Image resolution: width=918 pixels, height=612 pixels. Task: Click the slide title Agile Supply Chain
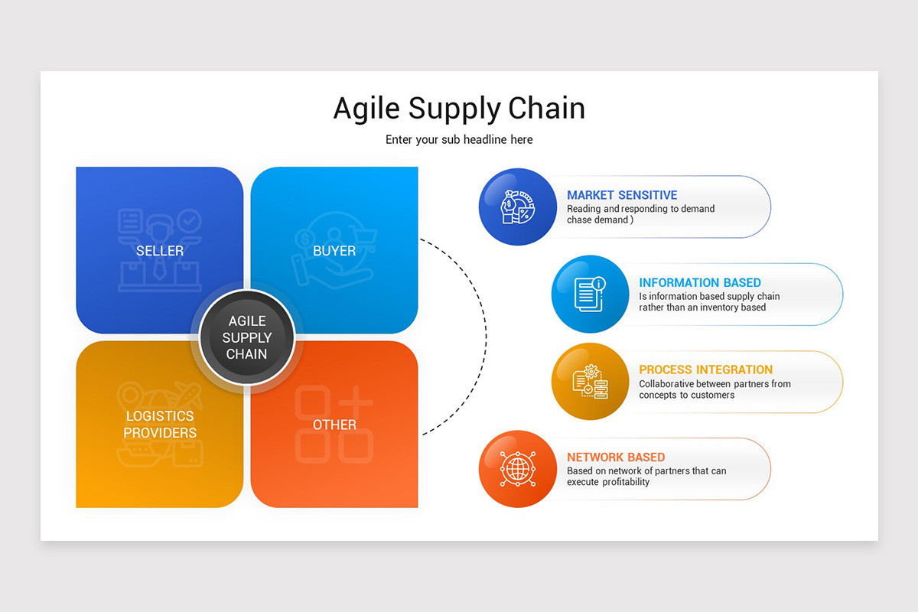point(459,108)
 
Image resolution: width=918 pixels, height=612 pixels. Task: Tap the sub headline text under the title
point(459,140)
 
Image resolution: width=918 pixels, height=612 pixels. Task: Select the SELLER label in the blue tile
point(160,251)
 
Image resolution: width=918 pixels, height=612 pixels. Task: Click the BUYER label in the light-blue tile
point(334,251)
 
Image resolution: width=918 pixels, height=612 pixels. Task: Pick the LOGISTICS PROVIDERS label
point(160,425)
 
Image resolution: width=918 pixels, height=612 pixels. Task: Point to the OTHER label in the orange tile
point(334,425)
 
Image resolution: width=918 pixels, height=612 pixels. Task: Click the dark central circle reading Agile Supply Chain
point(246,337)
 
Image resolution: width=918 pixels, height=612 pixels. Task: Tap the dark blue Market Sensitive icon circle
point(517,207)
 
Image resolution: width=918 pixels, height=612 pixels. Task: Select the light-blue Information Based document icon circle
point(589,294)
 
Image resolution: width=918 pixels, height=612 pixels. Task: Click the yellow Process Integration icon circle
point(589,381)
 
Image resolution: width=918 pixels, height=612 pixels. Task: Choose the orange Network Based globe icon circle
point(517,469)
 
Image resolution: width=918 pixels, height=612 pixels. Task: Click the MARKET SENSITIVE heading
point(622,195)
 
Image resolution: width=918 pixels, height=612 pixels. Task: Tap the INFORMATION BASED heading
point(700,283)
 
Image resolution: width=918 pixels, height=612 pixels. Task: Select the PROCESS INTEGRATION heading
point(705,369)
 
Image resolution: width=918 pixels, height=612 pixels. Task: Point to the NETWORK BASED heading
point(616,457)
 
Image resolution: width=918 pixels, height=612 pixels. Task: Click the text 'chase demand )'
point(600,220)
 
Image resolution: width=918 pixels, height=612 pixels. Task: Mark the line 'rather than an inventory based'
point(702,308)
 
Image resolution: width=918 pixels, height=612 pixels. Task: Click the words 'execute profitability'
point(608,482)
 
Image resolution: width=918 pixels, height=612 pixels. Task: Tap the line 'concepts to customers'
point(686,395)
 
